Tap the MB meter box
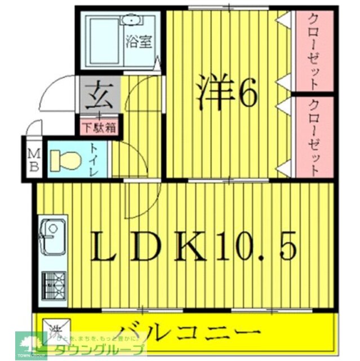(33, 160)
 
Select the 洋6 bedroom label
(227, 94)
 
